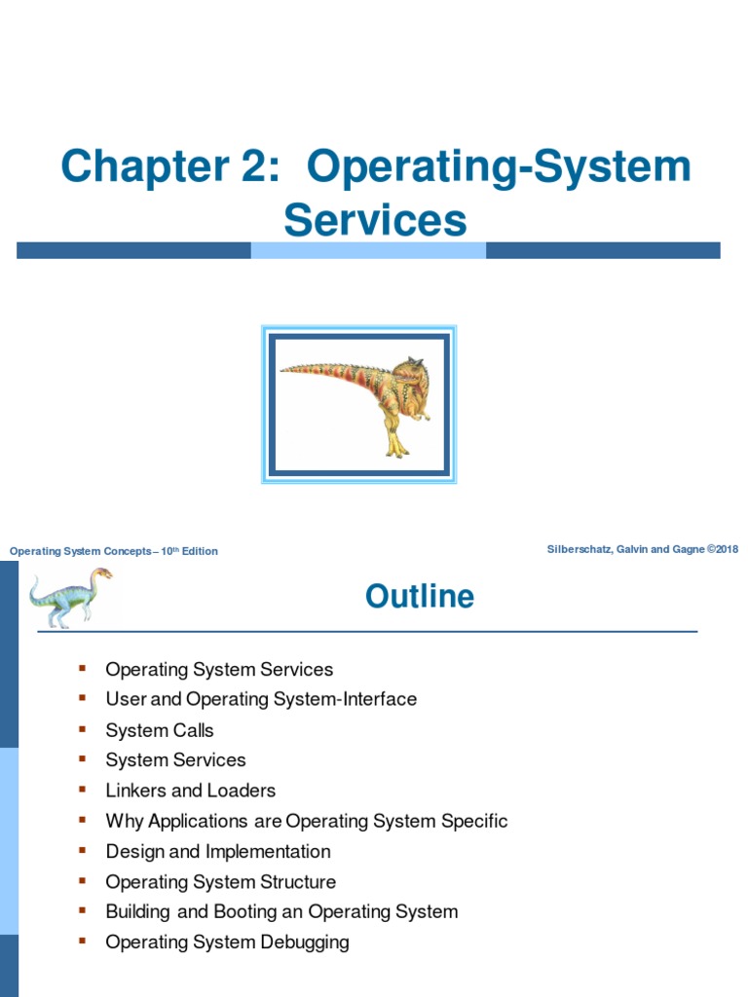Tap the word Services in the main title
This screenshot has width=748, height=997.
pos(375,219)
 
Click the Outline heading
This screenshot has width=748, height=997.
pos(420,596)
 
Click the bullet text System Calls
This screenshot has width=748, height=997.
pos(160,730)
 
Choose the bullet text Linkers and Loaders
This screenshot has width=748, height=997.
pos(191,791)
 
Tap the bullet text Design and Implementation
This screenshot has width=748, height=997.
pos(218,851)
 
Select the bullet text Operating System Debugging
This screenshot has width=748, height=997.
pos(227,942)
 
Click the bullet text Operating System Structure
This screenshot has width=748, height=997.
pos(221,881)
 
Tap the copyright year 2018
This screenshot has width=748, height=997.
pos(725,549)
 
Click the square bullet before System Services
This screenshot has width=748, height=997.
pos(83,758)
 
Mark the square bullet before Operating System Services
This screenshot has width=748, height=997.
pos(83,668)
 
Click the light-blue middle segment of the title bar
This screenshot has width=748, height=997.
pos(368,250)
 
